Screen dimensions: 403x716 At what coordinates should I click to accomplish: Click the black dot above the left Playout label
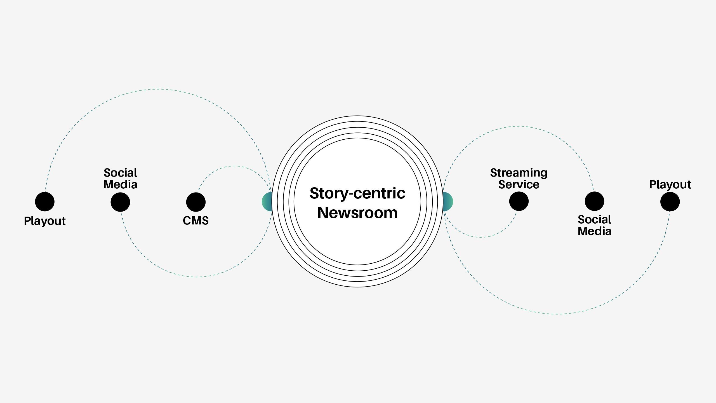pos(45,201)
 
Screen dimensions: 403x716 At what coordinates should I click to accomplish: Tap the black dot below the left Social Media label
pos(120,202)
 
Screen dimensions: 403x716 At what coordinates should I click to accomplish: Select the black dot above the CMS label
pos(196,202)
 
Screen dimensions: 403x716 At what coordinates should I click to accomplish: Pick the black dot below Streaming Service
pos(519,201)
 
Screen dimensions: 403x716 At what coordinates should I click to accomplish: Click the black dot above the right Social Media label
pos(594,201)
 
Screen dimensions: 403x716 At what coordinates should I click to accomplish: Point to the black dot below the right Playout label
pos(670,201)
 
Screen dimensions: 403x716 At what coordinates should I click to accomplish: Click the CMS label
pos(196,221)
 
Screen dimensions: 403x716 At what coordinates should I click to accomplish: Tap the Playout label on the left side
pos(45,221)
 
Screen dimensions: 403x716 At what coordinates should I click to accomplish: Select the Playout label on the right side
pos(670,185)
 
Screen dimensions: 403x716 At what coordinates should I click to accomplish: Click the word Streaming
pos(519,173)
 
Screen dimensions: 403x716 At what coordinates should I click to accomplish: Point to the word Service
pos(519,185)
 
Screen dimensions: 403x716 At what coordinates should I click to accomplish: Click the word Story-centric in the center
pos(357,193)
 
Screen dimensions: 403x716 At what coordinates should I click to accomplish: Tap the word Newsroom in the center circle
pos(357,213)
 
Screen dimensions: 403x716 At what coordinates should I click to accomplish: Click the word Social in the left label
pos(120,173)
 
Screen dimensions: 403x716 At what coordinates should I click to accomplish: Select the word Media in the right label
pos(594,231)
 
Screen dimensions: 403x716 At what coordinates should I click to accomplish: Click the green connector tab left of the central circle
pos(267,201)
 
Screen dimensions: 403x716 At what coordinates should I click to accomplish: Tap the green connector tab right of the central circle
pos(448,201)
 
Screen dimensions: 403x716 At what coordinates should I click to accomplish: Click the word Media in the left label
pos(120,185)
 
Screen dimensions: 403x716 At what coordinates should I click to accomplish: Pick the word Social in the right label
pos(594,220)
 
